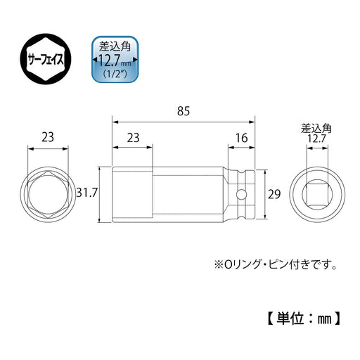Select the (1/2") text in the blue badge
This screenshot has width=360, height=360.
(x=115, y=77)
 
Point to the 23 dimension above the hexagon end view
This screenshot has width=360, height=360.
(x=48, y=138)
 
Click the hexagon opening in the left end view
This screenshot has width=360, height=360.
(x=48, y=194)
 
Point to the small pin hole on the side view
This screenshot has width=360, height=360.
(x=241, y=194)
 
